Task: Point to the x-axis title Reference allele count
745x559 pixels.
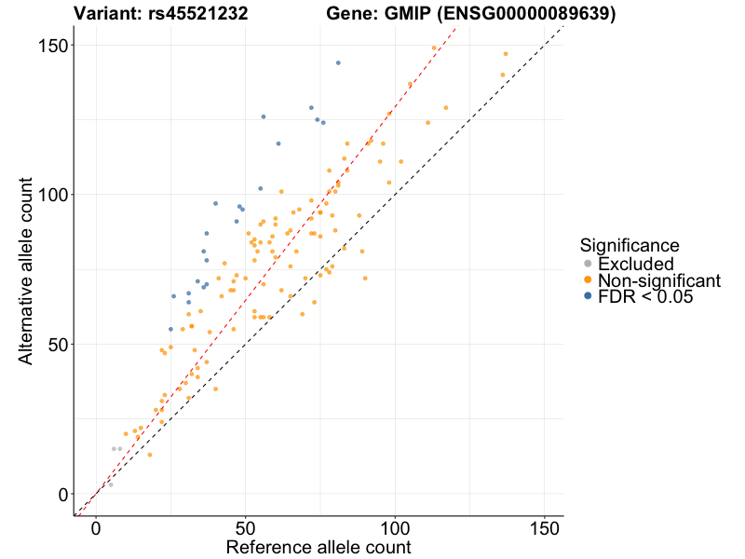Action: click(318, 547)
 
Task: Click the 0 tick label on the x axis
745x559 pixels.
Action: click(96, 527)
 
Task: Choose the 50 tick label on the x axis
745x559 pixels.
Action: click(246, 527)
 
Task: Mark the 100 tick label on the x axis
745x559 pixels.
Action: click(395, 527)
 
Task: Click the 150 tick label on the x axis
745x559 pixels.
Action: click(545, 527)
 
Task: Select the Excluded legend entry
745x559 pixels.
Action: click(635, 264)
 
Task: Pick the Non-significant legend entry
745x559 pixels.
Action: click(658, 280)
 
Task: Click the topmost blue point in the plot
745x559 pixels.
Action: click(338, 62)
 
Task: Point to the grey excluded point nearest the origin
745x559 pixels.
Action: click(111, 484)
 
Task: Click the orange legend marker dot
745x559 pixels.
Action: click(587, 280)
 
